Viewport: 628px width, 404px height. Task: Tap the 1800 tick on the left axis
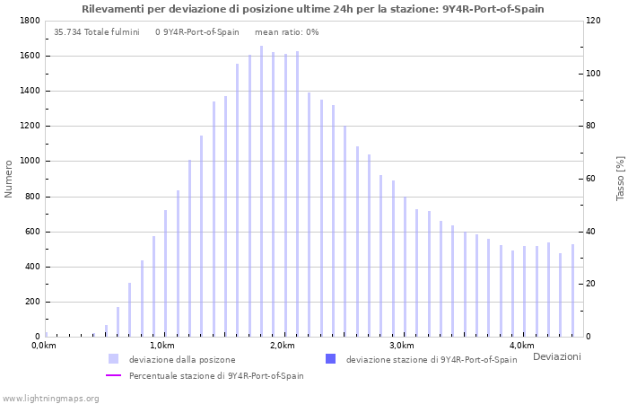pyautogui.click(x=29, y=21)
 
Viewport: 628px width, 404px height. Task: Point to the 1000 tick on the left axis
pyautogui.click(x=29, y=162)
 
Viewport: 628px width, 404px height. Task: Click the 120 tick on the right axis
pyautogui.click(x=594, y=21)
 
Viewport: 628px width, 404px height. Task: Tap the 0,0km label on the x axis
pyautogui.click(x=43, y=346)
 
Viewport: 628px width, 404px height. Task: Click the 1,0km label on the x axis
pyautogui.click(x=161, y=346)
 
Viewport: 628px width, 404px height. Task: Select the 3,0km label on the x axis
pyautogui.click(x=402, y=346)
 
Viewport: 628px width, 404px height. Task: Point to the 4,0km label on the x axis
pyautogui.click(x=522, y=346)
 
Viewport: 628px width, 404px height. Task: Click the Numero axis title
pyautogui.click(x=9, y=179)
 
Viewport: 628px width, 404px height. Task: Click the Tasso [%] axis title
pyautogui.click(x=620, y=179)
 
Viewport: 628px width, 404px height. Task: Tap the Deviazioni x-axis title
pyautogui.click(x=556, y=357)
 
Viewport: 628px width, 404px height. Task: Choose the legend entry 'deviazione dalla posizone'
pyautogui.click(x=182, y=360)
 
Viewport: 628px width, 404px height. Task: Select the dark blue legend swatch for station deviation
pyautogui.click(x=330, y=359)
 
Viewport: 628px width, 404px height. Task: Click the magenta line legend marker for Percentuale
pyautogui.click(x=113, y=376)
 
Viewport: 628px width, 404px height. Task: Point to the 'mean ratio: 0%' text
pyautogui.click(x=286, y=32)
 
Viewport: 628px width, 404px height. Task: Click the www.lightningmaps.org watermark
pyautogui.click(x=51, y=398)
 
